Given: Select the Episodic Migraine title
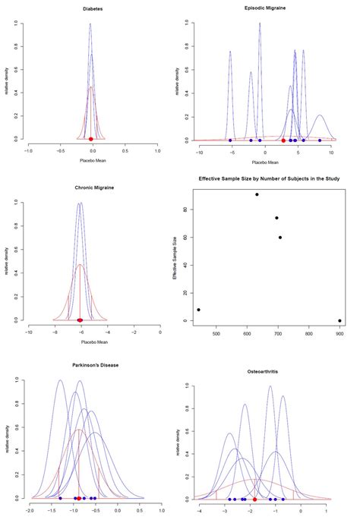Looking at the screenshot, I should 264,8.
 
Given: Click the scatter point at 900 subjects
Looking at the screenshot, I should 339,320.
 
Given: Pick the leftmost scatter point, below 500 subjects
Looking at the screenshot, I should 199,310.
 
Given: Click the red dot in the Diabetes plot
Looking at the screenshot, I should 91,139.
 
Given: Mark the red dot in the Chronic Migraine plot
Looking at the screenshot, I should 80,320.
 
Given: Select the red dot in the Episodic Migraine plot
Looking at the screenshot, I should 283,140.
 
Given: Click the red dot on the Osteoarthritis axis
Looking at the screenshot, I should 254,500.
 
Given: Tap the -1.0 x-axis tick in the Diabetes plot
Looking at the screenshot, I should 29,151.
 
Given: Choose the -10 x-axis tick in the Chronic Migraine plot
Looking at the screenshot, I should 29,332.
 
